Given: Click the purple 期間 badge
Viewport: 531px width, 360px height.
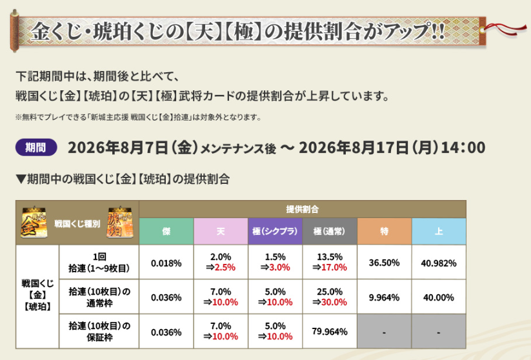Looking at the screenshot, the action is pyautogui.click(x=36, y=147).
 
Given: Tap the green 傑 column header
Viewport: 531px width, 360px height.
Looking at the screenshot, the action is pyautogui.click(x=166, y=232).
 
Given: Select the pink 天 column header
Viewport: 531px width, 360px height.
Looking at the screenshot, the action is pyautogui.click(x=221, y=232).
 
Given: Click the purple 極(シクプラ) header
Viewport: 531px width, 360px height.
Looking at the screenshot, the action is pyautogui.click(x=276, y=232).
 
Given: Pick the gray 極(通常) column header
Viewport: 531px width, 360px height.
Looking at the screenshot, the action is pyautogui.click(x=330, y=232).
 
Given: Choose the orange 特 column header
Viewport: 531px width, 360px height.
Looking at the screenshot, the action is pyautogui.click(x=385, y=232).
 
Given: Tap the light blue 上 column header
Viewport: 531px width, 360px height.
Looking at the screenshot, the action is pyautogui.click(x=439, y=232).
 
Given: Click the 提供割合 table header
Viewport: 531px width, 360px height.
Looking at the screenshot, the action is pyautogui.click(x=303, y=209).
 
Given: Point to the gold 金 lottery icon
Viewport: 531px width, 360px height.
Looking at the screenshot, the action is pyautogui.click(x=34, y=222).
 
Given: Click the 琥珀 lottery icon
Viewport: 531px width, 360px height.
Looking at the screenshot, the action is pyautogui.click(x=120, y=222).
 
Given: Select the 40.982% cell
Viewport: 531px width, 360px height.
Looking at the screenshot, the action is pyautogui.click(x=439, y=263).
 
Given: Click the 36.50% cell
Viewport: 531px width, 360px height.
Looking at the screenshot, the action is pyautogui.click(x=385, y=263).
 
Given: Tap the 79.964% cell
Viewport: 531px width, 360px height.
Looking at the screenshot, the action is pyautogui.click(x=330, y=332).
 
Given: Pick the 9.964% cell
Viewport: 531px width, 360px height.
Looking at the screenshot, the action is pyautogui.click(x=385, y=297).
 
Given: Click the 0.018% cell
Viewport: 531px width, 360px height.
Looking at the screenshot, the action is pyautogui.click(x=166, y=263).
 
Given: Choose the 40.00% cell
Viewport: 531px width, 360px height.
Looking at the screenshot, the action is pyautogui.click(x=439, y=297).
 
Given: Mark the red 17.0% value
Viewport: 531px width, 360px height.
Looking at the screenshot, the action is pyautogui.click(x=334, y=268).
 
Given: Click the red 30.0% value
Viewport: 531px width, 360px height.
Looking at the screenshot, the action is pyautogui.click(x=334, y=302).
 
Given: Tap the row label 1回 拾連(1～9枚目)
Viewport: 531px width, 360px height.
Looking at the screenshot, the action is pyautogui.click(x=99, y=263).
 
